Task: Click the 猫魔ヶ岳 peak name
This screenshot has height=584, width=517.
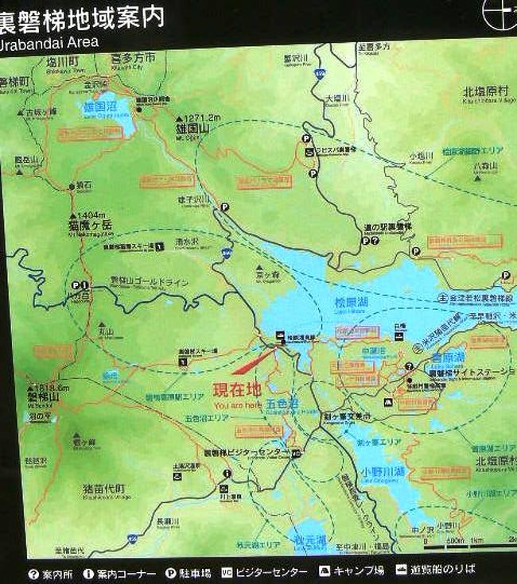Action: pos(90,226)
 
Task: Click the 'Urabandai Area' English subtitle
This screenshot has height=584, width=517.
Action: pos(49,40)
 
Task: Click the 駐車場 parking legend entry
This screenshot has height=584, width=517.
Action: pos(189,570)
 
